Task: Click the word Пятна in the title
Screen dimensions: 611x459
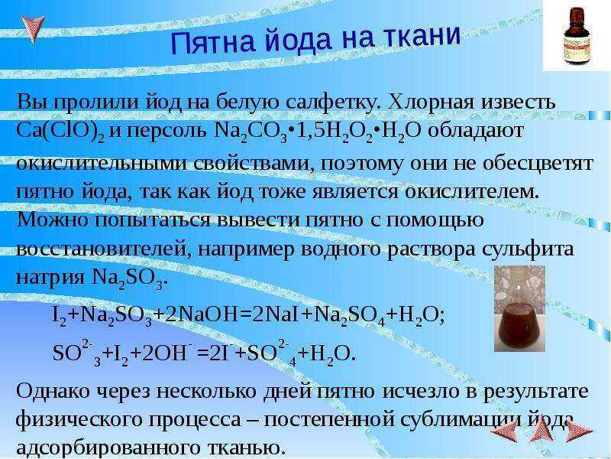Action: point(213,42)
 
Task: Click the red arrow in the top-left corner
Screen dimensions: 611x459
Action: point(33,28)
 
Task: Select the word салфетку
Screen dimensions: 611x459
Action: point(331,103)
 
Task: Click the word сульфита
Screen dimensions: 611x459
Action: point(528,249)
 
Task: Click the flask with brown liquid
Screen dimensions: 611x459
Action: point(519,308)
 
